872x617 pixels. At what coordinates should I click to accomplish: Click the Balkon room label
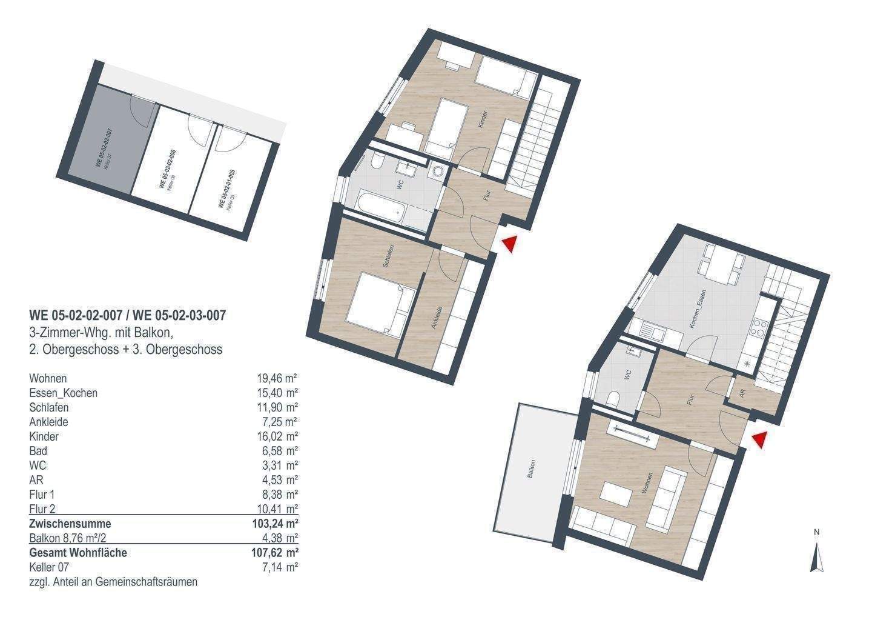pyautogui.click(x=531, y=469)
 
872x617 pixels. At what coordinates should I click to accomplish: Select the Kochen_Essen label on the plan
pyautogui.click(x=697, y=315)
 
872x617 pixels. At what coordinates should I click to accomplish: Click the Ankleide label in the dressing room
pyautogui.click(x=437, y=318)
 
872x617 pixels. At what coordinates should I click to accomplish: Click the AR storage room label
pyautogui.click(x=742, y=393)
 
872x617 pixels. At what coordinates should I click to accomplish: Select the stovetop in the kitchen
pyautogui.click(x=758, y=332)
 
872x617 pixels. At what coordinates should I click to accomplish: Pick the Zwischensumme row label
pyautogui.click(x=70, y=524)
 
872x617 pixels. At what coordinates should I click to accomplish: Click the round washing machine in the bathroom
pyautogui.click(x=436, y=173)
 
